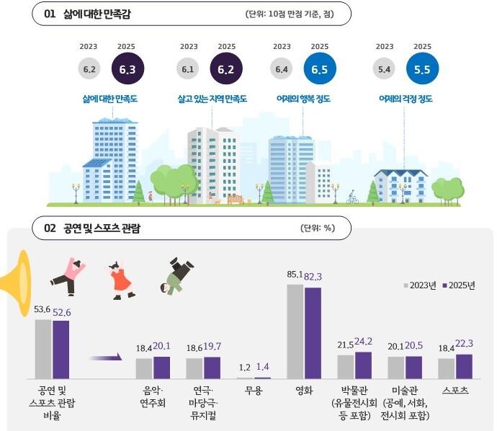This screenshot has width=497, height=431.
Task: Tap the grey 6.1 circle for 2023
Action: pyautogui.click(x=188, y=69)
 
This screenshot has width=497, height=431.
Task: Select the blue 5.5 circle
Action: pyautogui.click(x=422, y=69)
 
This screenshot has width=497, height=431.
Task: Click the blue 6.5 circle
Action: pyautogui.click(x=320, y=69)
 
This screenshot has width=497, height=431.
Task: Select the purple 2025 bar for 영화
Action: pyautogui.click(x=313, y=332)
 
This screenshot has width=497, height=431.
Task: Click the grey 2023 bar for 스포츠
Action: pyautogui.click(x=447, y=368)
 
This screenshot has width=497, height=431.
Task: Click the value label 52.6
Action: pyautogui.click(x=62, y=311)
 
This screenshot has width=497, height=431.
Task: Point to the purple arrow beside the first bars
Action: pyautogui.click(x=104, y=356)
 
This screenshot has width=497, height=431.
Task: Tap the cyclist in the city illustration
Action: pyautogui.click(x=352, y=197)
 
